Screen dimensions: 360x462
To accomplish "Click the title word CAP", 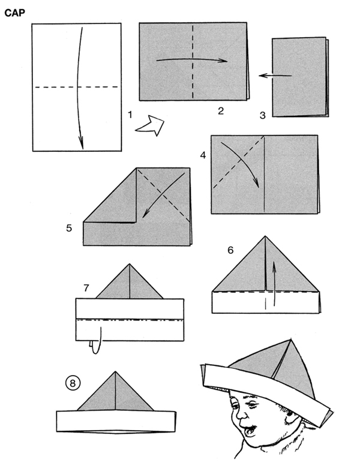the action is (x=15, y=13).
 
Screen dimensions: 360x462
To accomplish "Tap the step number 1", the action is (x=130, y=115).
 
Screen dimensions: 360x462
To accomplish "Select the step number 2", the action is (x=221, y=111).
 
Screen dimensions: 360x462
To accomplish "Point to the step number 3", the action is (x=262, y=115).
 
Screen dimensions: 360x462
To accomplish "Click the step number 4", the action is (x=203, y=155).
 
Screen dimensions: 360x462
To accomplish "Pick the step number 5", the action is (x=69, y=228).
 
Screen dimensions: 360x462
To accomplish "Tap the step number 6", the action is (x=230, y=250).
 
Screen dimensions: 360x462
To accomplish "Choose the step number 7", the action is (x=86, y=287).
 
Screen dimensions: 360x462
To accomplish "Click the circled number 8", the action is (x=73, y=383).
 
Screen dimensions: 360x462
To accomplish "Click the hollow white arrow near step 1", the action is (x=151, y=126).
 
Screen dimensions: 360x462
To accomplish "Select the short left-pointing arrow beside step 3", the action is (x=275, y=76).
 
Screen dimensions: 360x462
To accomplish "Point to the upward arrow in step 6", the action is (x=274, y=283).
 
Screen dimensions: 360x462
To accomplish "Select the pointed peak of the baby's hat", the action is (x=291, y=340).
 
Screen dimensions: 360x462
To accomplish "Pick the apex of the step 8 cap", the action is (x=115, y=372).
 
